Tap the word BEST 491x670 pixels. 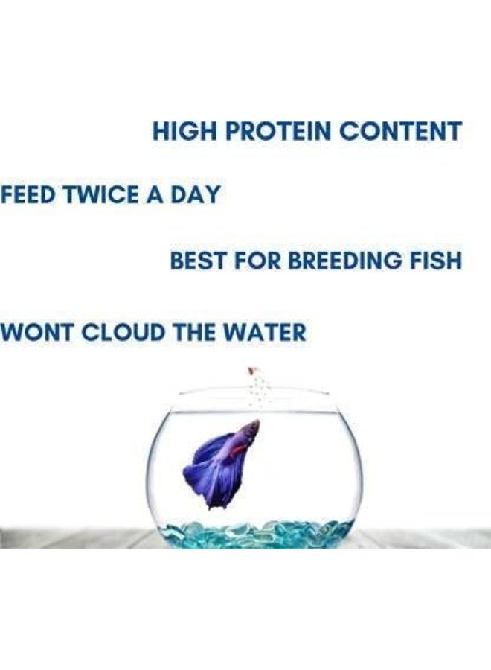point(196,261)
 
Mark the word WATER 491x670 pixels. point(267,331)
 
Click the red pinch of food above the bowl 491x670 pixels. point(252,370)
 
